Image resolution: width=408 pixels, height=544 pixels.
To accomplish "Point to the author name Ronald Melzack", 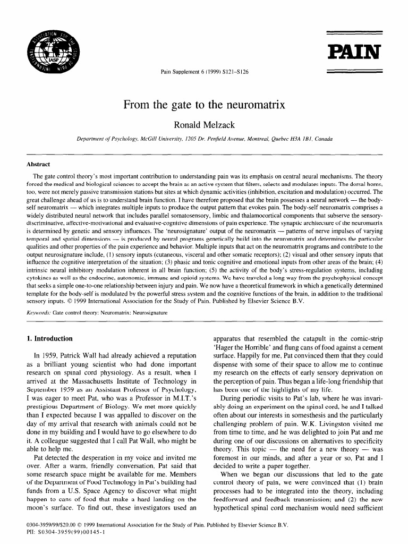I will click(204, 125).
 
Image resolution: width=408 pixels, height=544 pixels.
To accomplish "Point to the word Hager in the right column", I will click(224, 347).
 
